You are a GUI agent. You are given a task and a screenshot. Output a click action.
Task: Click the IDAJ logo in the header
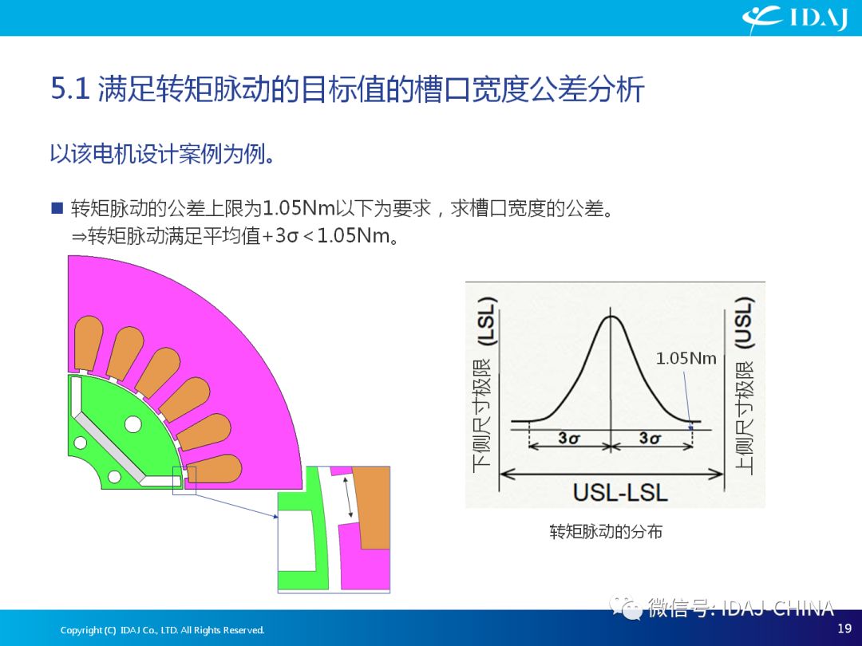pos(794,19)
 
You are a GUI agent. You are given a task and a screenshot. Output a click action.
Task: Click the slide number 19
pos(844,628)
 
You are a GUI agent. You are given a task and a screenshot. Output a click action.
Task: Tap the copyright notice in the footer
pos(162,630)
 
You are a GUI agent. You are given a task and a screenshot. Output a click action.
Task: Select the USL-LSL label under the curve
pos(620,492)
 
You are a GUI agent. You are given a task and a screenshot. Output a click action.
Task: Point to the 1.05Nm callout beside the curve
pos(686,359)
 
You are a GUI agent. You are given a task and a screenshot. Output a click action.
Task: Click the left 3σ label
pos(569,438)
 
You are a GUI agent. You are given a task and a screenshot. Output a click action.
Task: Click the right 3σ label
pos(650,438)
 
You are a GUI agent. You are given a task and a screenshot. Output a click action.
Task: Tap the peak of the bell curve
pos(611,316)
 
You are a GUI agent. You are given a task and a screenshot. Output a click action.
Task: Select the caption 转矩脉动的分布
pos(606,531)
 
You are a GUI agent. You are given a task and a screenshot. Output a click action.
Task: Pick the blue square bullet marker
pos(57,207)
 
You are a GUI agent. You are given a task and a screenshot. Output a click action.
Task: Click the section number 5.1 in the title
pos(70,89)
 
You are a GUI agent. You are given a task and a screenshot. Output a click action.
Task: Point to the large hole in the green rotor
pos(133,424)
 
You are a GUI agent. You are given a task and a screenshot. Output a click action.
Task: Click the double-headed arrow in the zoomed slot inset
pos(348,498)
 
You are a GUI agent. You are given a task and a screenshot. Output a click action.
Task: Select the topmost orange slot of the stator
pos(88,343)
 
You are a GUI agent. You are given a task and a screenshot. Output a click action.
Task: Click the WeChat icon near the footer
pos(626,607)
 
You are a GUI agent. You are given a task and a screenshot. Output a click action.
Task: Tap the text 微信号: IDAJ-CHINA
pos(741,608)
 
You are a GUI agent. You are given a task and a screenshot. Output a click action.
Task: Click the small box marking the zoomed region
pos(184,480)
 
